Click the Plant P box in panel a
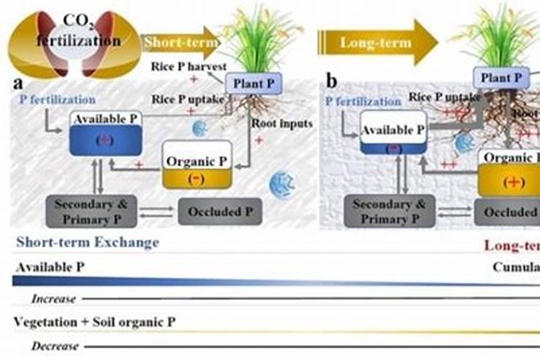click(x=251, y=84)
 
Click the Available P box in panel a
click(x=106, y=133)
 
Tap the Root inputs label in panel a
click(x=282, y=123)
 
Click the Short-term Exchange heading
click(x=87, y=243)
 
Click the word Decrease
click(x=55, y=346)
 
